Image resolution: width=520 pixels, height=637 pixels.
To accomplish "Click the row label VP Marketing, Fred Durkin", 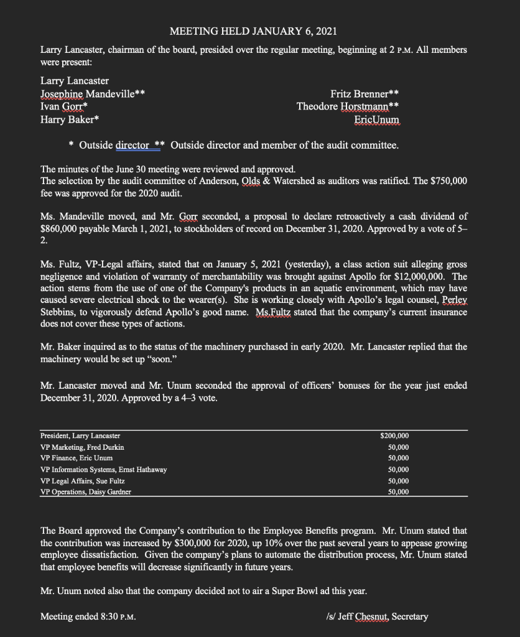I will pos(82,447).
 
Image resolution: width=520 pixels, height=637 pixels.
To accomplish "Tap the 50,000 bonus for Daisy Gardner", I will pos(397,491).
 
